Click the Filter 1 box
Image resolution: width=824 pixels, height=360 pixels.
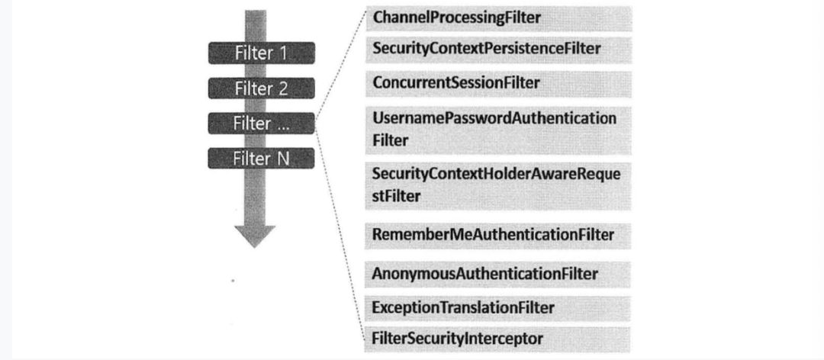261,53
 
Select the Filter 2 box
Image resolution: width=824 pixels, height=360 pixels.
261,88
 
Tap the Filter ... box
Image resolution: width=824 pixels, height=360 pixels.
261,124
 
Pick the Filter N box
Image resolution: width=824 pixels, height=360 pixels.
261,158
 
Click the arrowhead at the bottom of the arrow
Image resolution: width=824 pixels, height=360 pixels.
255,236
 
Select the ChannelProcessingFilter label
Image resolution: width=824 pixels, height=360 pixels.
457,18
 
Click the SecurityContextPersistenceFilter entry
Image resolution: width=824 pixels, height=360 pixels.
486,48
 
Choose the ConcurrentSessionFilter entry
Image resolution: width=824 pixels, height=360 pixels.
455,82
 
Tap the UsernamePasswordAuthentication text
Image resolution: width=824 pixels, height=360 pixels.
494,118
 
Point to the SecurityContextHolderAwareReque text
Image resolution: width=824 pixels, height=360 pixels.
496,174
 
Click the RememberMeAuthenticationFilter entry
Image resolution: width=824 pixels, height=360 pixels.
493,234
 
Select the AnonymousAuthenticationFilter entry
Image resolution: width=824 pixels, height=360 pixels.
485,274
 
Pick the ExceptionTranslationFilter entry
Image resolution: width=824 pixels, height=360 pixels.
463,307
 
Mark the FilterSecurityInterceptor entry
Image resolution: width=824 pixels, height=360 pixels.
457,337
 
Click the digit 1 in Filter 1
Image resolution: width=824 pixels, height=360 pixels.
283,53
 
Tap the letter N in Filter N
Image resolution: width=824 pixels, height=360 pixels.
283,158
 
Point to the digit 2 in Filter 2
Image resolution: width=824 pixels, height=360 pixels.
283,88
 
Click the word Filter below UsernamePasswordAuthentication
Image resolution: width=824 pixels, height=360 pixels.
390,141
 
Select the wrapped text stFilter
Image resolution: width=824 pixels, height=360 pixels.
396,197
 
